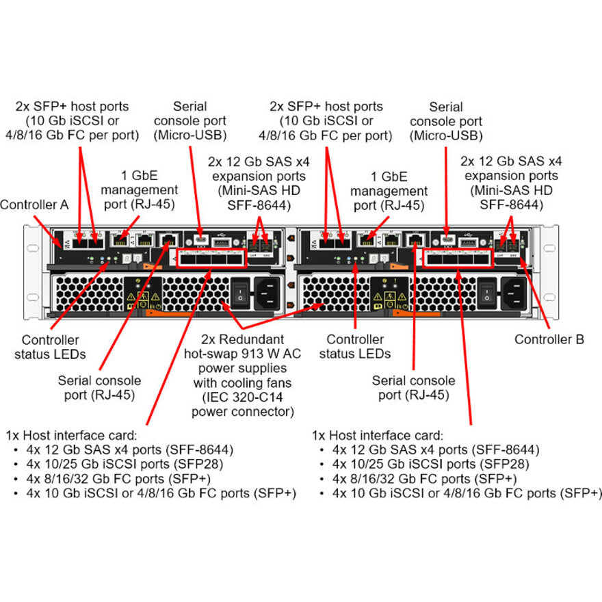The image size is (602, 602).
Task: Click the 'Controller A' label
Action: coord(34,204)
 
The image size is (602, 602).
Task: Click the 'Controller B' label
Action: coord(549,339)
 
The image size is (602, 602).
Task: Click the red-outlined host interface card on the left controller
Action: coord(211,259)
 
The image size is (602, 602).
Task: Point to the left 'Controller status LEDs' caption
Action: coord(50,347)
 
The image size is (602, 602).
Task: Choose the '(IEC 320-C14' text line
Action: coord(242,397)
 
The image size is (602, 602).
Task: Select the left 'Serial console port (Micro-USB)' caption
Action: coord(189,121)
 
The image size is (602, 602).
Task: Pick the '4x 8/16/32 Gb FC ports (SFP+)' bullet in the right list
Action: coord(425,479)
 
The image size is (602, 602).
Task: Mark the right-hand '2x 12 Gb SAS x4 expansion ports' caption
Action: coord(511,183)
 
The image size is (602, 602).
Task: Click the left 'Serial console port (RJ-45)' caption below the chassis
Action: coord(100,387)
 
